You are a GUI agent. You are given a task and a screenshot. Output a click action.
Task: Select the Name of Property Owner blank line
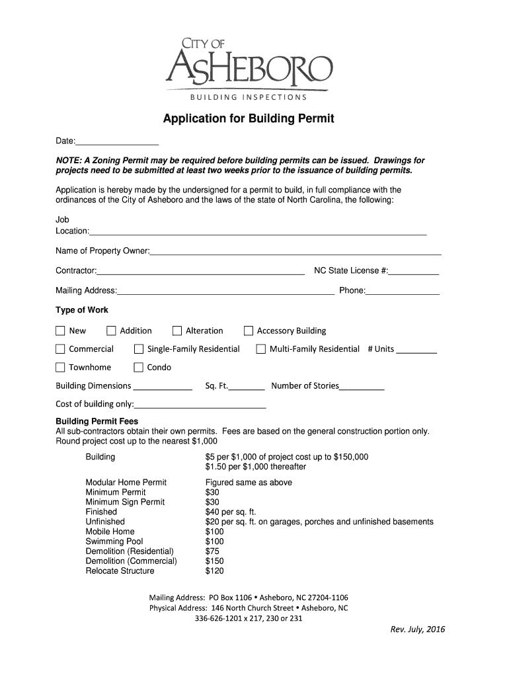tap(295, 251)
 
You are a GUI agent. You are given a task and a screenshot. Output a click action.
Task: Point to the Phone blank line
tap(403, 290)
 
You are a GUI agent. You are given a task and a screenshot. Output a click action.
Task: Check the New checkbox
tap(60, 331)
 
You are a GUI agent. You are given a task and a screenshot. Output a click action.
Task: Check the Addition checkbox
tap(111, 331)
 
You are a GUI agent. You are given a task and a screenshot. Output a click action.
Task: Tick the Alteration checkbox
tap(177, 331)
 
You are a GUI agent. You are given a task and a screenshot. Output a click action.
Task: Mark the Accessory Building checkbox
tap(249, 331)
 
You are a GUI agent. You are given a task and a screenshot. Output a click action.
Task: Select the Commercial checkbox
tap(60, 349)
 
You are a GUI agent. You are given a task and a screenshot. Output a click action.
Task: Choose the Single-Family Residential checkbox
tap(139, 349)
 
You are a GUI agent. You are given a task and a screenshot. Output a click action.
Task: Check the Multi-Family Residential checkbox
tap(261, 349)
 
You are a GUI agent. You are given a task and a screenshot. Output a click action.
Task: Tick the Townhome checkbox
tap(60, 368)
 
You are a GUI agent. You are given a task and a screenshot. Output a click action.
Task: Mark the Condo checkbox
tap(139, 368)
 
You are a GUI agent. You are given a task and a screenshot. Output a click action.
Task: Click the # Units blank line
tap(416, 350)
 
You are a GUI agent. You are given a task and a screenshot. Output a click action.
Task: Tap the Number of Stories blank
tap(362, 387)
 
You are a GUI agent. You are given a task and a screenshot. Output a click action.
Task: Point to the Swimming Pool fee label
tap(114, 541)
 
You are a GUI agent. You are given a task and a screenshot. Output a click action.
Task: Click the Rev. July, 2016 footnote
tap(418, 629)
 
